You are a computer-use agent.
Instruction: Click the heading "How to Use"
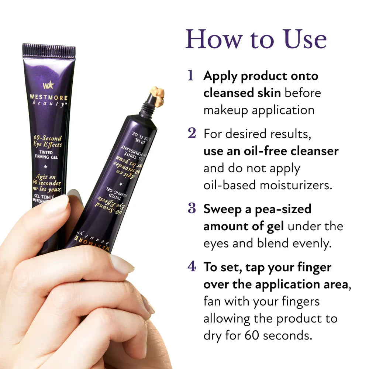256,39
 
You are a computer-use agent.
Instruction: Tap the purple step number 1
190,75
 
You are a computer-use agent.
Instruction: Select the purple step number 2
192,133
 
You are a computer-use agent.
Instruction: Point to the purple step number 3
192,208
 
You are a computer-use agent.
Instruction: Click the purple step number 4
192,266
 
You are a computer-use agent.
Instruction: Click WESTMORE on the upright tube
49,98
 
